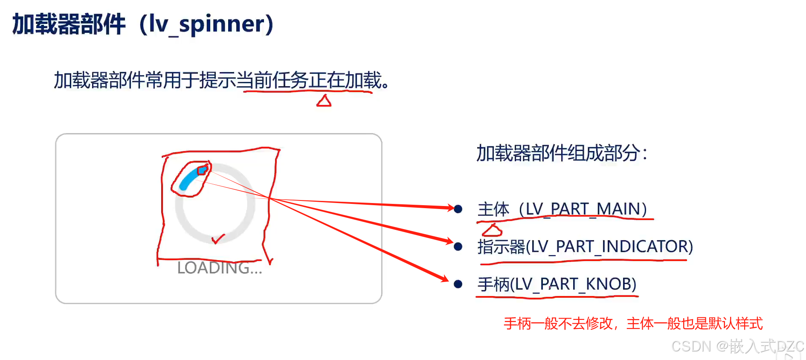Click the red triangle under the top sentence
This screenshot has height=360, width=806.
point(324,101)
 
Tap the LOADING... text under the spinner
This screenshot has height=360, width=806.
point(219,268)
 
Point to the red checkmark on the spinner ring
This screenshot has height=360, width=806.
point(218,239)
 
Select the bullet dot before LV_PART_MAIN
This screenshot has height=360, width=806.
point(458,209)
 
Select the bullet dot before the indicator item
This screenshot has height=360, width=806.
point(458,247)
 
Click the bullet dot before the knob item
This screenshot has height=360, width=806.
point(458,284)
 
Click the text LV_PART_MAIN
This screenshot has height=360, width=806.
point(583,209)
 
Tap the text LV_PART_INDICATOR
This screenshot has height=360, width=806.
point(609,247)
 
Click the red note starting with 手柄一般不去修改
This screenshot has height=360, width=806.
point(633,323)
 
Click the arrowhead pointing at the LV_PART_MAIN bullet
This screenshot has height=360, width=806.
point(450,208)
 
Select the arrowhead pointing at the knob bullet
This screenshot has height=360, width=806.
point(444,279)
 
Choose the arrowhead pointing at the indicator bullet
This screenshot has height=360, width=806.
point(449,241)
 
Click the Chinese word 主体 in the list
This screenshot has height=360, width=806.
point(493,209)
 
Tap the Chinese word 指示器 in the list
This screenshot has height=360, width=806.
point(501,247)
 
